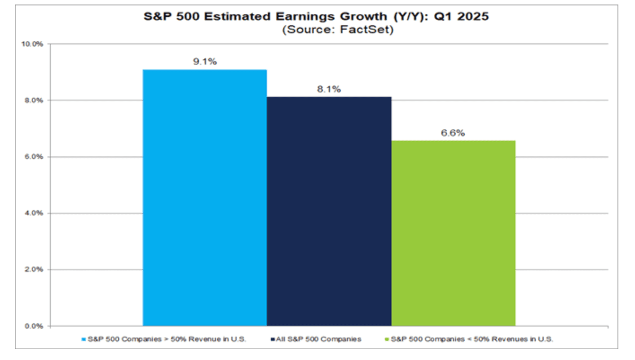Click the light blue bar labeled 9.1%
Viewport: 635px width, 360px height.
click(205, 198)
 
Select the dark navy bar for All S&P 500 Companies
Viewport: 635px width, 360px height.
click(329, 211)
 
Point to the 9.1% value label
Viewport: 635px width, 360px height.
click(205, 62)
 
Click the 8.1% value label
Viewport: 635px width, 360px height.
click(329, 89)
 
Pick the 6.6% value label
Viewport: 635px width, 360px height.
click(454, 133)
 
